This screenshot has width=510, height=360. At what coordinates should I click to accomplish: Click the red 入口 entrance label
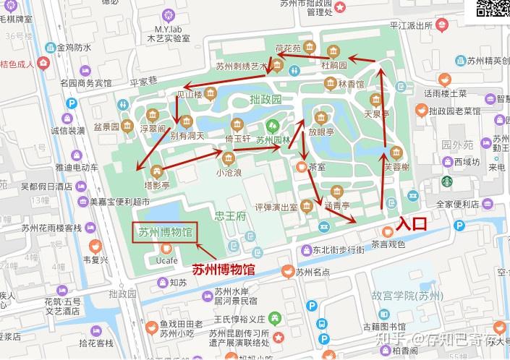[x=411, y=223]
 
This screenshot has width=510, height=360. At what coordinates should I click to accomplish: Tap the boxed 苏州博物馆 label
[x=166, y=233]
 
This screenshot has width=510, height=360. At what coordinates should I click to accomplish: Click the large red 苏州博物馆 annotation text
[x=224, y=270]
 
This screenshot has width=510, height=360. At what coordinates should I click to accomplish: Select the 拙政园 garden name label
[x=265, y=98]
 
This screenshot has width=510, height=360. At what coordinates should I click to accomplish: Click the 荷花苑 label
[x=288, y=49]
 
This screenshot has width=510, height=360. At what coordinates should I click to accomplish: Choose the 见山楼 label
[x=190, y=94]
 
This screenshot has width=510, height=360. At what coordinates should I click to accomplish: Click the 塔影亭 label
[x=156, y=186]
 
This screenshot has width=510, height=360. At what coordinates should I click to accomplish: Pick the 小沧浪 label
[x=229, y=173]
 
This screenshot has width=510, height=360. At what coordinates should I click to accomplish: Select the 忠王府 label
[x=231, y=215]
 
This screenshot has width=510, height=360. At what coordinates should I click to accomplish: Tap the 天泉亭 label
[x=376, y=113]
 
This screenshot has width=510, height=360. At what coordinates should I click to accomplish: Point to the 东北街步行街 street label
[x=338, y=250]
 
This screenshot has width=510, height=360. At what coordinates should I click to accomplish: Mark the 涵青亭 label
[x=336, y=205]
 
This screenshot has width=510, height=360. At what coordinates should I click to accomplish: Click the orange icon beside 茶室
[x=302, y=166]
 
